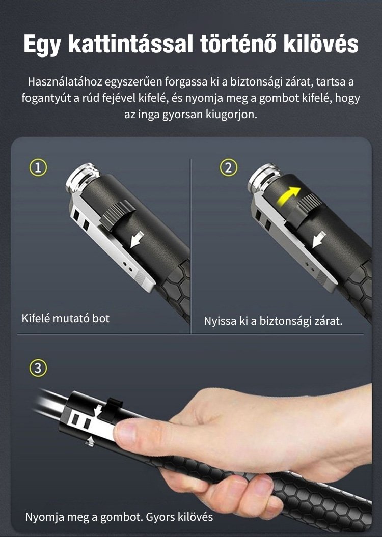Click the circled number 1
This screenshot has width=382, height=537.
coord(38,167)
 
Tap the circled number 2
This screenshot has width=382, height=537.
coord(228,167)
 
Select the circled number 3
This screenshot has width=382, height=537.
coord(38,368)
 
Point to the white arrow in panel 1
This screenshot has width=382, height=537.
coord(137,239)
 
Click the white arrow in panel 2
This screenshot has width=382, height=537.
coord(319,239)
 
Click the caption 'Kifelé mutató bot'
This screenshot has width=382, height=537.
coord(65,318)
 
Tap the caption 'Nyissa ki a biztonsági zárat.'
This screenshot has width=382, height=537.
coord(273,321)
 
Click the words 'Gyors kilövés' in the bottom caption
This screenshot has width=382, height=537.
coord(179,517)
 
